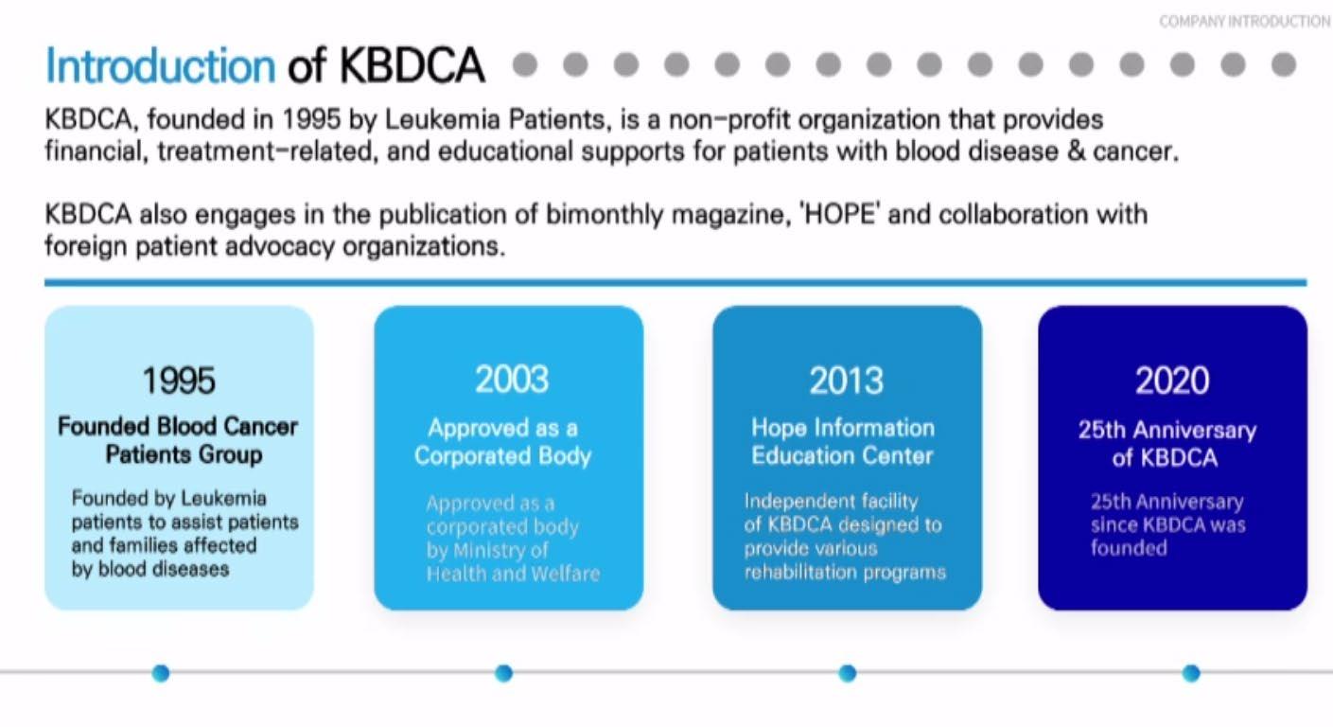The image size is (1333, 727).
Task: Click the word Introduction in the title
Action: coord(160,65)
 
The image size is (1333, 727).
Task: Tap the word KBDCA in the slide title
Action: coord(412,65)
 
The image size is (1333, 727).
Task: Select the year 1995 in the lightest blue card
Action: coord(179,381)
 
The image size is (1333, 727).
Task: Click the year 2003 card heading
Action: coord(512,380)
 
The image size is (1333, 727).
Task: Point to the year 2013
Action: coord(846,381)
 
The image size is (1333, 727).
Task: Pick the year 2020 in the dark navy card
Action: coord(1172,381)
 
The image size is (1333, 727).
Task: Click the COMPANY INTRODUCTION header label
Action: coord(1244,22)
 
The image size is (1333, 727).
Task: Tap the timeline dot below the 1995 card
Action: coord(161,673)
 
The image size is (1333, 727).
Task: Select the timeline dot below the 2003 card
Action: coord(503,673)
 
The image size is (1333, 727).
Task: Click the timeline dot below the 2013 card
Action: coord(848,673)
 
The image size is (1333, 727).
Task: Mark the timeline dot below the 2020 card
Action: coord(1191,673)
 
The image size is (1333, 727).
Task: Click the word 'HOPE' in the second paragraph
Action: coord(839,214)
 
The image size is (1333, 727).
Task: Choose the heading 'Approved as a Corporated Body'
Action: coord(503,442)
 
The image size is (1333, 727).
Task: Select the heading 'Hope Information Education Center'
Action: coord(843,442)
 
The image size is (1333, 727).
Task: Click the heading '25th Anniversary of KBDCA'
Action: coord(1167,444)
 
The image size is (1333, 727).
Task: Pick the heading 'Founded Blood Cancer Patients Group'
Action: coord(178,440)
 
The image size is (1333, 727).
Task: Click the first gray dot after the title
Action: coord(525,64)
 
